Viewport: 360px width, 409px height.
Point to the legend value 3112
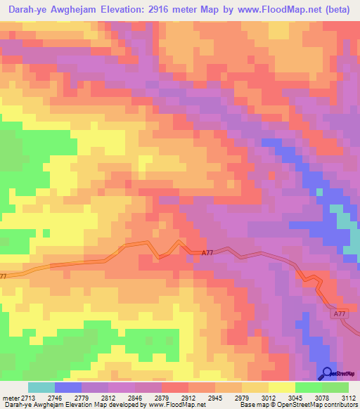(x=349, y=398)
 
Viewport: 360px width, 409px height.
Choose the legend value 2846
(x=134, y=398)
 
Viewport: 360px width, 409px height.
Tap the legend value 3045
(x=295, y=398)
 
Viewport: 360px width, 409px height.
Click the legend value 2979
(x=241, y=398)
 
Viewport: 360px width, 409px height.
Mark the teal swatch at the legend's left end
(x=41, y=387)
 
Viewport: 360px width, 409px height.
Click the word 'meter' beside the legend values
(x=8, y=398)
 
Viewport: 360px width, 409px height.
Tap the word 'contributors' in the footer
(x=340, y=405)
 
